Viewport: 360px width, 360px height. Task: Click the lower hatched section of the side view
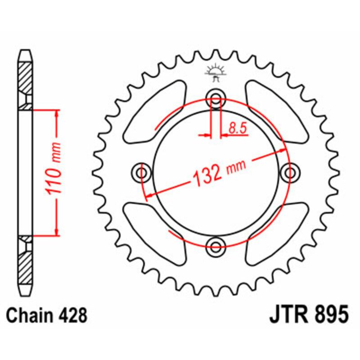pos(26,265)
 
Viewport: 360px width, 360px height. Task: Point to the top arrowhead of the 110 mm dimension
pos(56,113)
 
